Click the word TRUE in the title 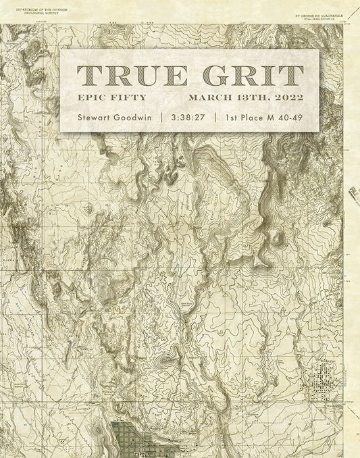click(x=124, y=75)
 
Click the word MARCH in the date click(x=213, y=98)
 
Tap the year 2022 click(x=286, y=98)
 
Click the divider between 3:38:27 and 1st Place click(x=214, y=116)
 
